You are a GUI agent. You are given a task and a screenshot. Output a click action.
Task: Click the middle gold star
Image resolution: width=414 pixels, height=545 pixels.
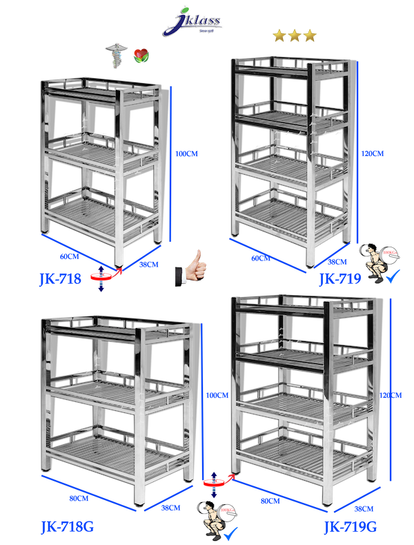pos(294,35)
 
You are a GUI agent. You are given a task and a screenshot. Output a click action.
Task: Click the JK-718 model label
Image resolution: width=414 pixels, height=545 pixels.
pos(61,279)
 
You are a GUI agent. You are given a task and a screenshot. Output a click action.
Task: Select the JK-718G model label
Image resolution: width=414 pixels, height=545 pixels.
pos(67,528)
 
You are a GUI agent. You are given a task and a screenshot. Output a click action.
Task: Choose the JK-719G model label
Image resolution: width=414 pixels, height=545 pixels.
pos(351,528)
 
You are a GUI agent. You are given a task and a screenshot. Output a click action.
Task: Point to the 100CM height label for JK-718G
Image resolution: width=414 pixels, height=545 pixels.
pos(217,395)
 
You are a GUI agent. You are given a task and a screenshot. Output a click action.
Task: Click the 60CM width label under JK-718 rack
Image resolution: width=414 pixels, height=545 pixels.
pos(69,256)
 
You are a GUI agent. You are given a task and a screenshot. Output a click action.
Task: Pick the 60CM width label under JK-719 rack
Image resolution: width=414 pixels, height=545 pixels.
pos(260,258)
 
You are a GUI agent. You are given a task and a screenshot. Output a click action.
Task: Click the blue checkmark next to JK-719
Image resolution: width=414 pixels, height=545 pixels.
pos(393,278)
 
